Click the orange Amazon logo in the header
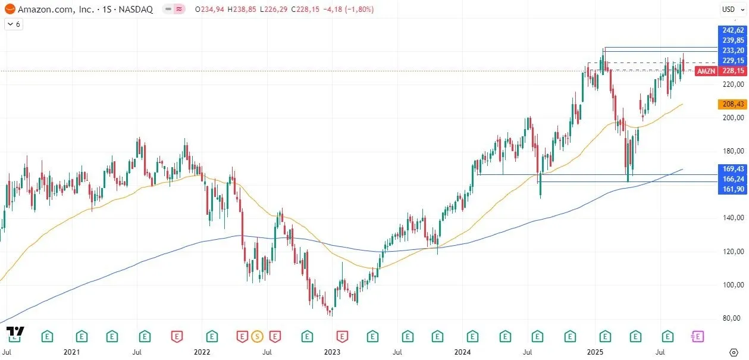pos(10,10)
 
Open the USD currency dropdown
pos(729,9)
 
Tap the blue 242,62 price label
pos(732,30)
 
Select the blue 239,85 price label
pos(732,40)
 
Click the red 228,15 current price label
pos(732,71)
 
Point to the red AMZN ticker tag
pos(706,71)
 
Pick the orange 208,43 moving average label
pos(732,104)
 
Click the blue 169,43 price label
pos(732,168)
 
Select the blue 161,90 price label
pos(732,189)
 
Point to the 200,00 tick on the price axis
pos(732,118)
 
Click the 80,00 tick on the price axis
pos(732,318)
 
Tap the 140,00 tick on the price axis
pos(732,218)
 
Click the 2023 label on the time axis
pos(332,352)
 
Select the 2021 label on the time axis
pos(71,352)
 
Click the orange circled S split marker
pos(257,336)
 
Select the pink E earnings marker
pos(697,336)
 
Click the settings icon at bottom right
pos(734,352)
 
